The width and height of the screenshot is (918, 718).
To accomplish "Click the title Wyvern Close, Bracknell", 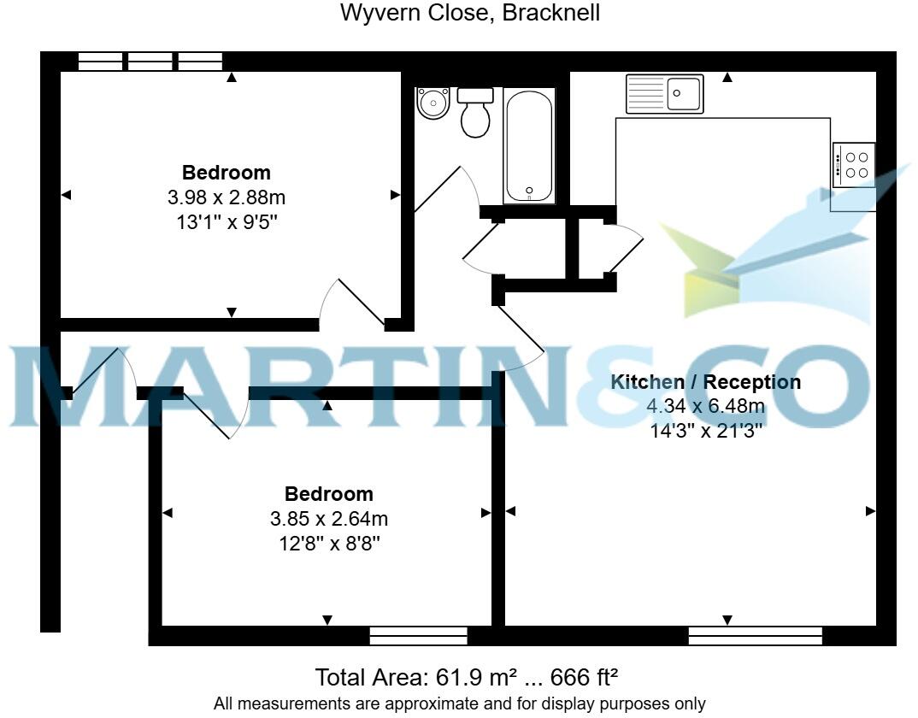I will pyautogui.click(x=469, y=14).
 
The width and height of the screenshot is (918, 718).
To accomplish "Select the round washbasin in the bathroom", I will pyautogui.click(x=433, y=104).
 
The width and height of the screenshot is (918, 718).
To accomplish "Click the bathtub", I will pyautogui.click(x=529, y=147).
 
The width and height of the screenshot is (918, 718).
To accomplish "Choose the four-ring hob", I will pyautogui.click(x=854, y=165).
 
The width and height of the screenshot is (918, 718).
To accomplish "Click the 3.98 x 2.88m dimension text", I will pyautogui.click(x=227, y=197).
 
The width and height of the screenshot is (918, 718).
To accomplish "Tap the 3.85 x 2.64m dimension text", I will pyautogui.click(x=329, y=519).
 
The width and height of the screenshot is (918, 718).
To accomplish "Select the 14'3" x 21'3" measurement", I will pyautogui.click(x=706, y=432).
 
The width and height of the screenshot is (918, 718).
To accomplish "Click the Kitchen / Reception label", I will pyautogui.click(x=706, y=382).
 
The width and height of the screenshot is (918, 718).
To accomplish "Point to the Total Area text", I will pyautogui.click(x=467, y=678).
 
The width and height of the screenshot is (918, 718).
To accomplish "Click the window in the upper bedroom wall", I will pyautogui.click(x=150, y=61).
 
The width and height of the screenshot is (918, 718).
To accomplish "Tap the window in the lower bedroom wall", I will pyautogui.click(x=418, y=635).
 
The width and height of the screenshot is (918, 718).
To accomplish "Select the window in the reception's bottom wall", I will pyautogui.click(x=755, y=635).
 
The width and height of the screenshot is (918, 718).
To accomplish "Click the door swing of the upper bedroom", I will pyautogui.click(x=350, y=303).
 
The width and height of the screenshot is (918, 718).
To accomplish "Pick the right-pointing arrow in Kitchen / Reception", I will pyautogui.click(x=870, y=511).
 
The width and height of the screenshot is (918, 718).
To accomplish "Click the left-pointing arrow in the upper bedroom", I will pyautogui.click(x=67, y=196).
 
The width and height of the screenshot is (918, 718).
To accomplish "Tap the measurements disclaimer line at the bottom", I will pyautogui.click(x=459, y=704).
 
